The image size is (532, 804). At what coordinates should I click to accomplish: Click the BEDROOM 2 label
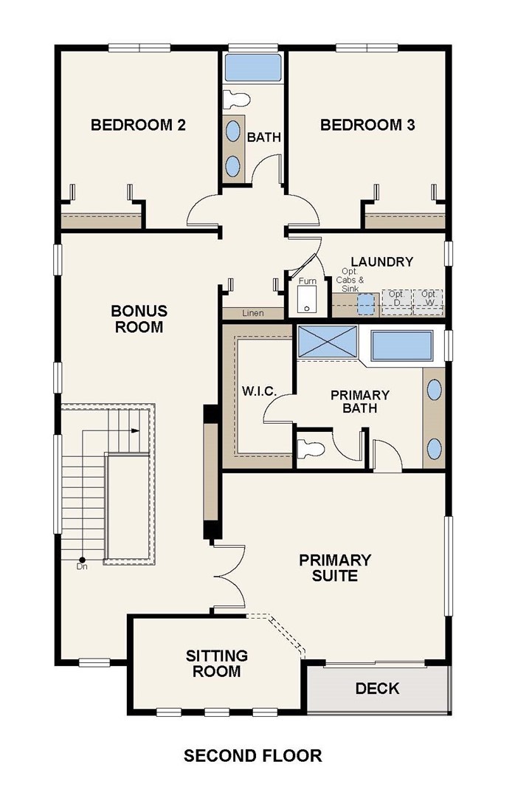138,125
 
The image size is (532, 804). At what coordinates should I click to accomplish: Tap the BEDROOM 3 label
367,125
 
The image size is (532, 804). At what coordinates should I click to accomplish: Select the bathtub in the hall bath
252,67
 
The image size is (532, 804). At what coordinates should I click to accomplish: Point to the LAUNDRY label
381,261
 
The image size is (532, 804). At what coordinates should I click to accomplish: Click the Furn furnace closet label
308,281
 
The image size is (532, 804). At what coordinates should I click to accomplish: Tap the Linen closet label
252,313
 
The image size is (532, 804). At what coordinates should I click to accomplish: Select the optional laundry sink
366,304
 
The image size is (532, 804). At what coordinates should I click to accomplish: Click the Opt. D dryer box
397,303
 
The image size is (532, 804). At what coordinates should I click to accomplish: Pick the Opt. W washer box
428,303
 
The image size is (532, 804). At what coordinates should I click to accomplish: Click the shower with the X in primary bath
327,341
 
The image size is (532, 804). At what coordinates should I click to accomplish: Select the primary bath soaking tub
401,346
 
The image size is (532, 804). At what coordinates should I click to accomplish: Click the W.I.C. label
259,392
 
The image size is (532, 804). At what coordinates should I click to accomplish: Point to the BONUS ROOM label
139,319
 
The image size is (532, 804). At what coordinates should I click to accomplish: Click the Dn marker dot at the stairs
82,560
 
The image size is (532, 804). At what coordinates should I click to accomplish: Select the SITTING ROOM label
217,664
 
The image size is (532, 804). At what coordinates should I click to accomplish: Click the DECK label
377,689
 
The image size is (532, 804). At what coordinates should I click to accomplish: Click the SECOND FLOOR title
253,756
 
